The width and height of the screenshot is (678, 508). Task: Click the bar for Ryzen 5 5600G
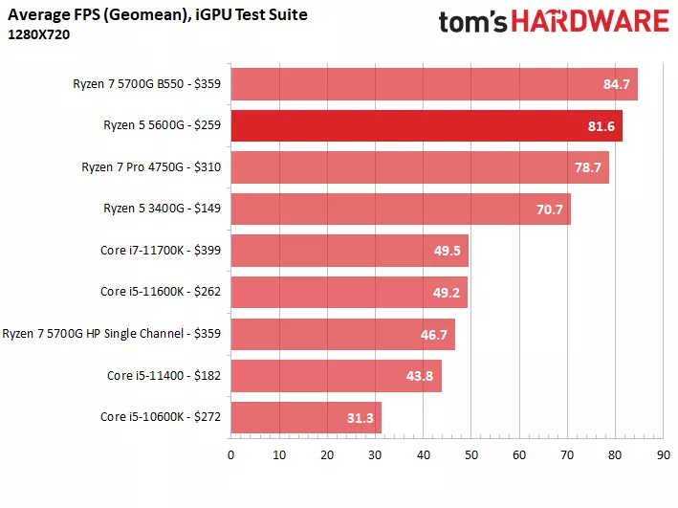pyautogui.click(x=426, y=125)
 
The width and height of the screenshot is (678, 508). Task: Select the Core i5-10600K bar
pyautogui.click(x=306, y=417)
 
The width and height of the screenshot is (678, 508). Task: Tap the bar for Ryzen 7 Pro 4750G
pyautogui.click(x=420, y=167)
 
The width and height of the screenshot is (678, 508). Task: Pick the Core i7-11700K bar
pyautogui.click(x=349, y=251)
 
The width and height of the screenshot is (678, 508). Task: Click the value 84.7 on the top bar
pyautogui.click(x=616, y=84)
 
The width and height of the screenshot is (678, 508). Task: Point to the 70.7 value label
pyautogui.click(x=549, y=210)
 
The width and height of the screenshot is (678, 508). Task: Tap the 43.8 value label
pyautogui.click(x=420, y=376)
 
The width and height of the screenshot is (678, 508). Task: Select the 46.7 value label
pyautogui.click(x=433, y=334)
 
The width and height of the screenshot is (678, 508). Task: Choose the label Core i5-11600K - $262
pyautogui.click(x=160, y=292)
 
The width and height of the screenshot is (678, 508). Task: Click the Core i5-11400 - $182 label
pyautogui.click(x=164, y=375)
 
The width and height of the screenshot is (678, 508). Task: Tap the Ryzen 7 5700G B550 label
pyautogui.click(x=146, y=83)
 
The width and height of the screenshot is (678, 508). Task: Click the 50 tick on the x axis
pyautogui.click(x=470, y=455)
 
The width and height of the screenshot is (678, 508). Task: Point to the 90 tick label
pyautogui.click(x=663, y=455)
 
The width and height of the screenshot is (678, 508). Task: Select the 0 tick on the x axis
pyautogui.click(x=230, y=455)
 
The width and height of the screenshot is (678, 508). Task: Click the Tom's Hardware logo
pyautogui.click(x=553, y=22)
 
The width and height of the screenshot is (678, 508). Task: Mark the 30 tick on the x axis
pyautogui.click(x=375, y=455)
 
